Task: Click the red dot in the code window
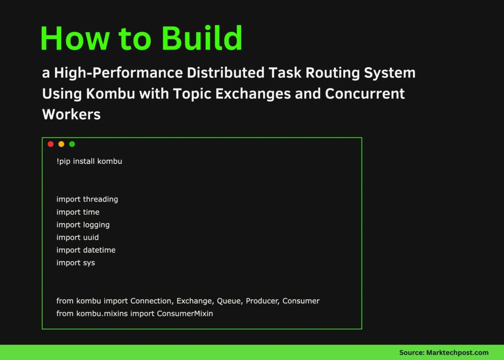tap(50, 144)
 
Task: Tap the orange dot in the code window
tap(61, 144)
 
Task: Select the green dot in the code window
tap(72, 144)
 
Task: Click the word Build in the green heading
tap(202, 39)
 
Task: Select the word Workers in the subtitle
tap(71, 114)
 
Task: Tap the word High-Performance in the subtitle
tap(118, 73)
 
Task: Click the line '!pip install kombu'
tap(89, 161)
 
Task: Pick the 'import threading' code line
tap(87, 199)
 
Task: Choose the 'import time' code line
tap(78, 212)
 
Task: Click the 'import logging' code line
tap(83, 225)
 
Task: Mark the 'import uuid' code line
tap(78, 237)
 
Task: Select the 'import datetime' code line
tap(86, 250)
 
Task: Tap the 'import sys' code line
tap(76, 263)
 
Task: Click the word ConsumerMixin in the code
tap(185, 313)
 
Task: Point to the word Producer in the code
tap(262, 301)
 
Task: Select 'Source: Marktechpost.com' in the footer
tap(444, 352)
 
